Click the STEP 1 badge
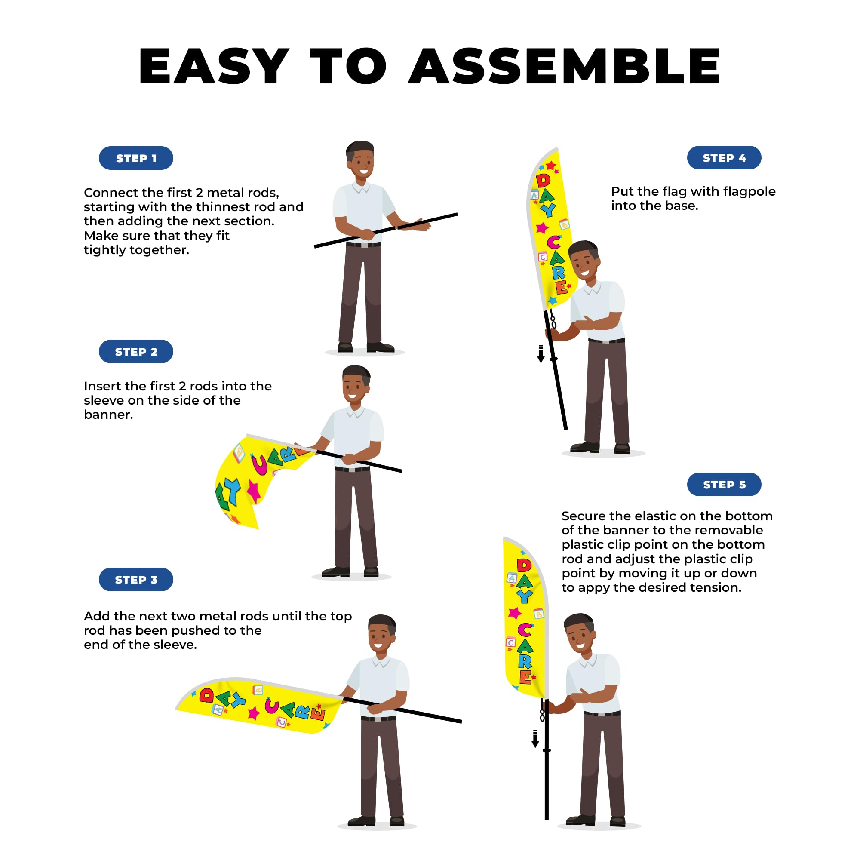(136, 158)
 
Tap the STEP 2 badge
(136, 352)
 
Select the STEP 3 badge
(136, 580)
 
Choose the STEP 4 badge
(724, 157)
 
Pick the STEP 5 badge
(724, 484)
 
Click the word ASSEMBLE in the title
(564, 66)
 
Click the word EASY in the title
(214, 66)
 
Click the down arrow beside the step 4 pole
(541, 354)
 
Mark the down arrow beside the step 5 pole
(535, 738)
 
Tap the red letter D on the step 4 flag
(543, 180)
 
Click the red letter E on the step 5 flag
(525, 678)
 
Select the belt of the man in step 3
(378, 719)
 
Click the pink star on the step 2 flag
(254, 491)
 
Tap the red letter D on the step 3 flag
(206, 695)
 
